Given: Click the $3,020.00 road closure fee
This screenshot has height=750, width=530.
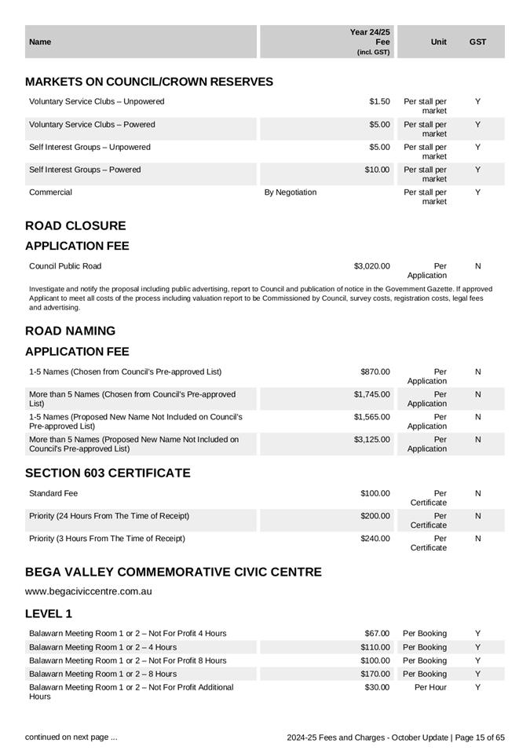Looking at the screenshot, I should point(371,266).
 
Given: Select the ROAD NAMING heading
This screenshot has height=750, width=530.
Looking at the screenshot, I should point(70,331).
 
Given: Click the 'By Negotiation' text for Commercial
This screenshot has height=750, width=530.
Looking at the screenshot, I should point(291,192).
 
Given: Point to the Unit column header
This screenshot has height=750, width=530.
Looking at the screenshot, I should point(439,42).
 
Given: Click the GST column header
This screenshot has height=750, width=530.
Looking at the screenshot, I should point(477,42).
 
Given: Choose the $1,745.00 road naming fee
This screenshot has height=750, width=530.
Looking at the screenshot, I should point(371,394).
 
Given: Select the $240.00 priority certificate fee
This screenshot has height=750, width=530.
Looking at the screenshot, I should point(375,539).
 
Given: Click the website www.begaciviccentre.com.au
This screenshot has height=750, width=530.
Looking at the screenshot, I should point(89,591).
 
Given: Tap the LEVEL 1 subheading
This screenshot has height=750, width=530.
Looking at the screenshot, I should point(49,613).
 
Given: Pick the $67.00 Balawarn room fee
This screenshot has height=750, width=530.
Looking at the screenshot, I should point(377,634).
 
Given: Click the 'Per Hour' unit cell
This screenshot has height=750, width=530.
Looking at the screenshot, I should point(430,687).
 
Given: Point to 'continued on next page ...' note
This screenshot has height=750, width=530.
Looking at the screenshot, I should point(71,737).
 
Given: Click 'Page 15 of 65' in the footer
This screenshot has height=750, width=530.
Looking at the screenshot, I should point(480,738).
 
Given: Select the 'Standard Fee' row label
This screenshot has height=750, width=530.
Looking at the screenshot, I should point(53,494).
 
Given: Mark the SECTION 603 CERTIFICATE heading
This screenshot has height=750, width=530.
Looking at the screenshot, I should point(108,474).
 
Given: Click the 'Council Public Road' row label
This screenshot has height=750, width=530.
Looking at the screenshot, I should point(65,266).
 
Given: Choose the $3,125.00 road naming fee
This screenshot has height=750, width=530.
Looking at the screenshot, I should point(371,440).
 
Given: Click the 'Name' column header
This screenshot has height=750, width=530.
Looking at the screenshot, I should point(40,42).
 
